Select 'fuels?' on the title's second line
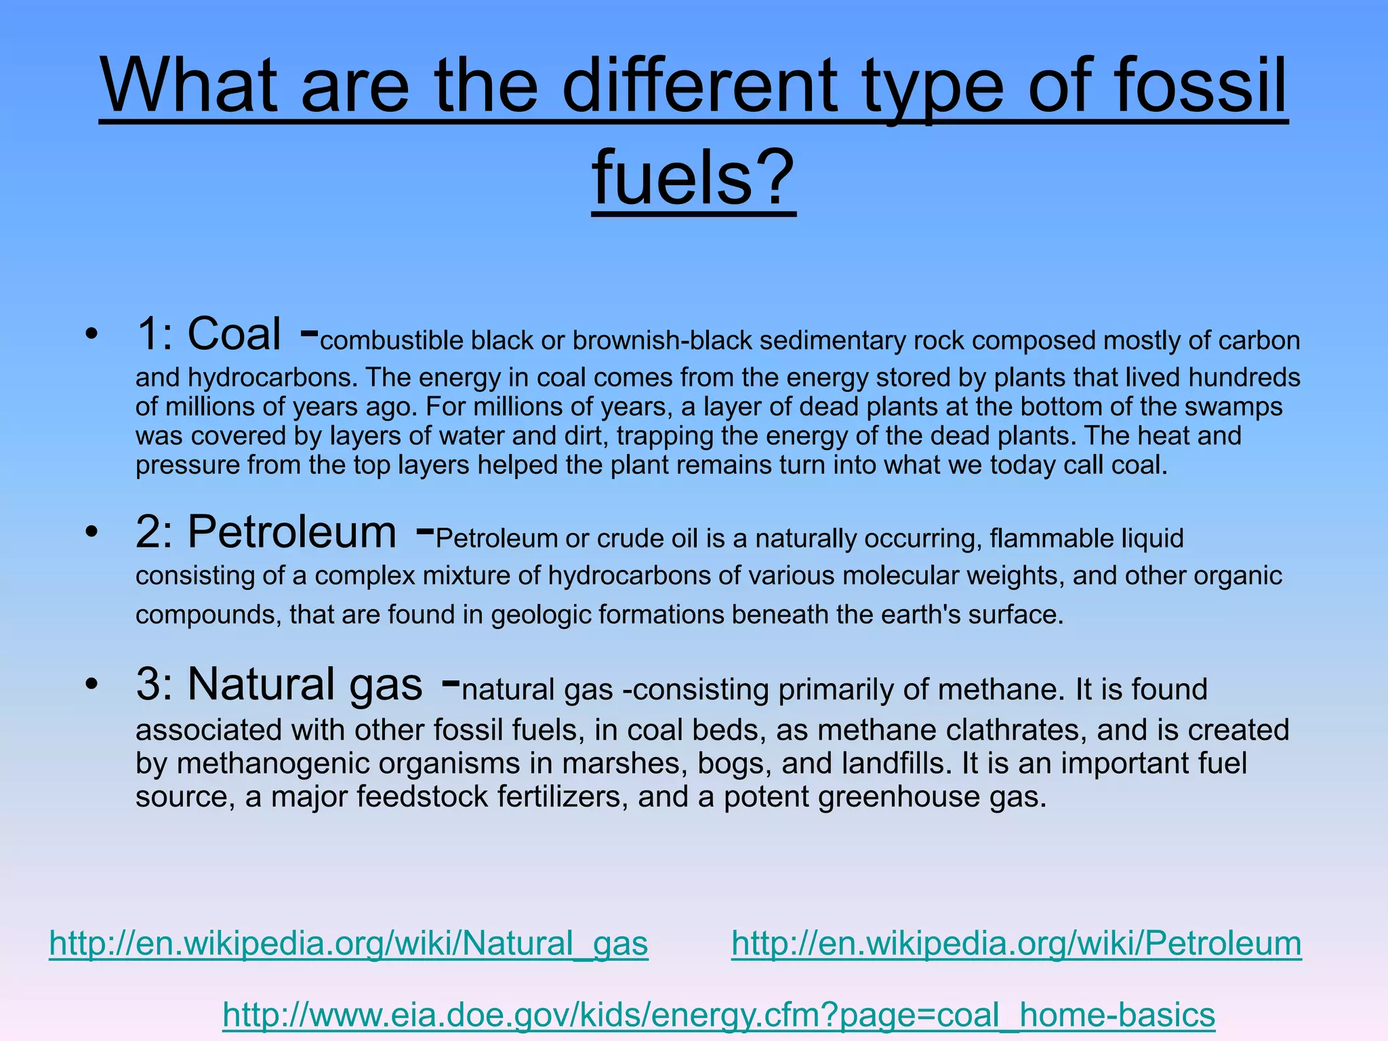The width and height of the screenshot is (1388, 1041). point(693,178)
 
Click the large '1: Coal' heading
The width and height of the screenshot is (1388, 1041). point(209,334)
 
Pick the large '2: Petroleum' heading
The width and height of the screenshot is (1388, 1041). point(266,532)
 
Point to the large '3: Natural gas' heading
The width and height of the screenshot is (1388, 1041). point(279,684)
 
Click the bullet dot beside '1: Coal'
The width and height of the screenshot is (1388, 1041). point(91,334)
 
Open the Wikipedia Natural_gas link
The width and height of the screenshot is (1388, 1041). point(348,943)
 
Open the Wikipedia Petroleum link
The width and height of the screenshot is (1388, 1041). point(1017,943)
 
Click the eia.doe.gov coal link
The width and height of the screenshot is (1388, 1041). point(718,1015)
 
